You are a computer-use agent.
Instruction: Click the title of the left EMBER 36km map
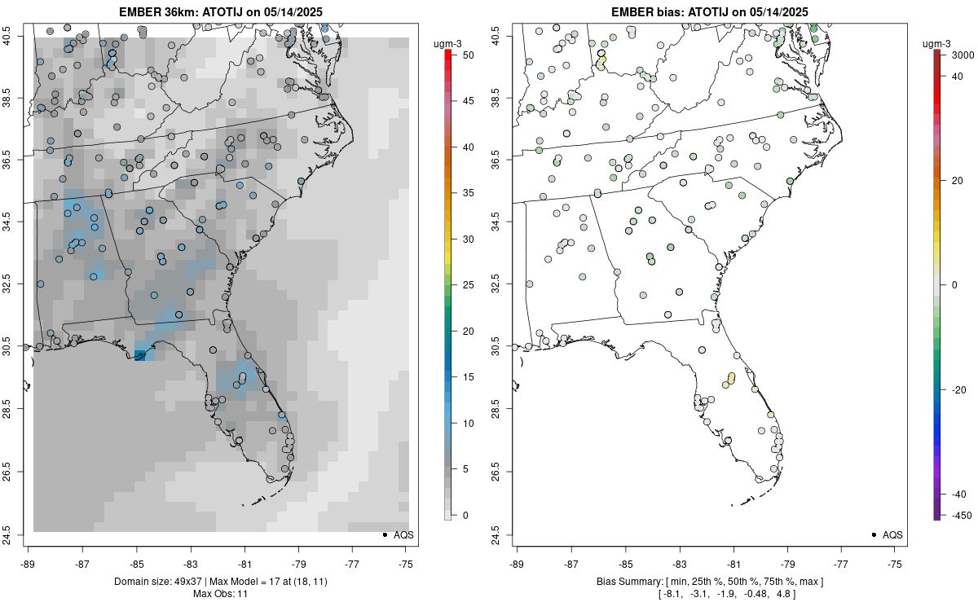[221, 11]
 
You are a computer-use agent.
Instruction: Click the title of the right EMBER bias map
[710, 11]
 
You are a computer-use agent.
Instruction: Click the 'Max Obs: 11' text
[221, 594]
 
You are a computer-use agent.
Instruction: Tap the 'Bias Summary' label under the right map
[628, 582]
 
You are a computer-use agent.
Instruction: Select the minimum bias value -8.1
[672, 594]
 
